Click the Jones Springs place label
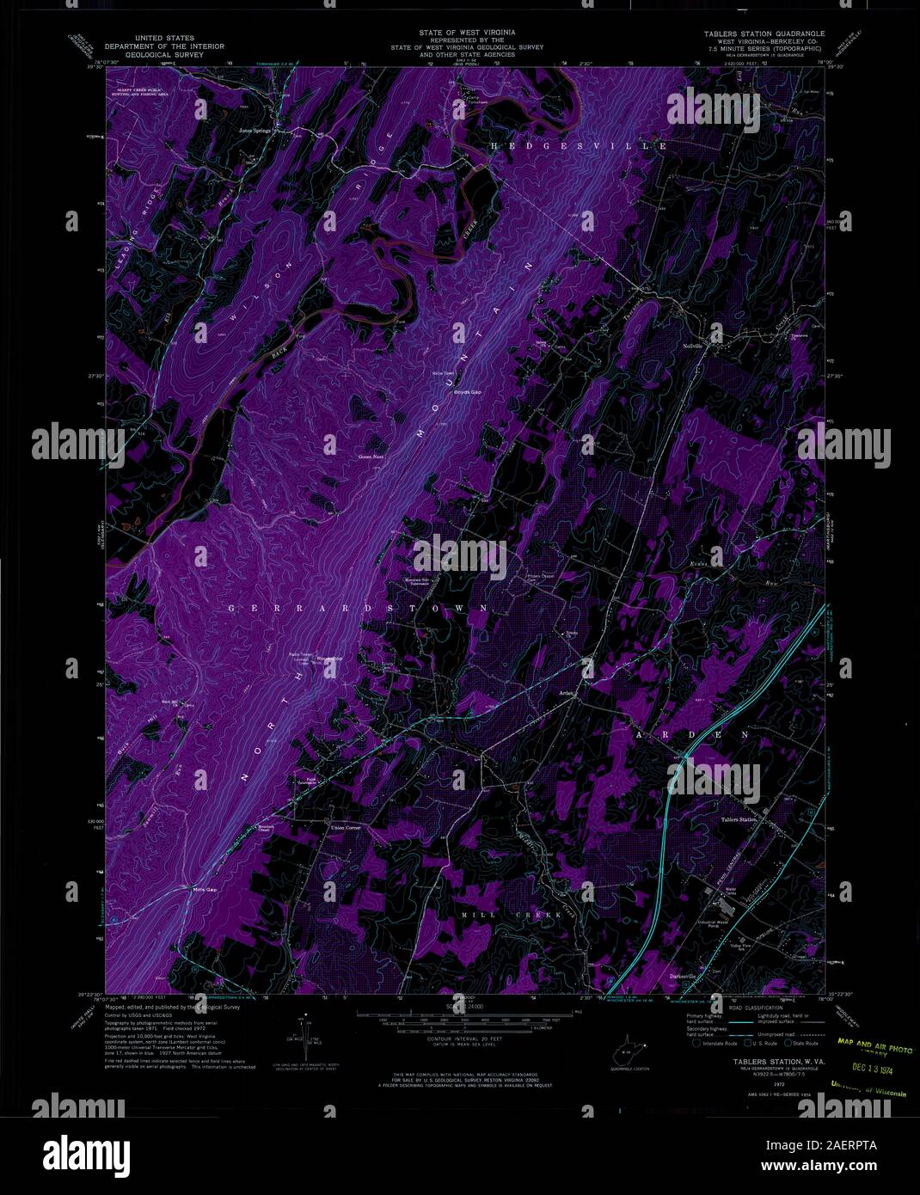pos(255,131)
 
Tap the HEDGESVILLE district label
pos(579,147)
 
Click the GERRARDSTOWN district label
pos(359,608)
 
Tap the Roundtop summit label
pos(329,659)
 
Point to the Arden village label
pos(567,697)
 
